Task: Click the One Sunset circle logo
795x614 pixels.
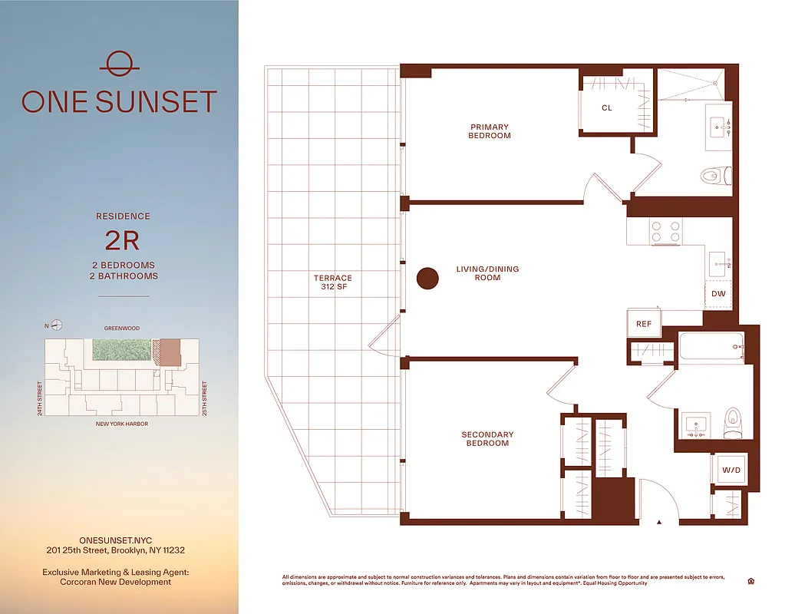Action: [119, 63]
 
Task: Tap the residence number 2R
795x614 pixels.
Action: [122, 241]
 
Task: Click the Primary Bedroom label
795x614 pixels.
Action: [490, 131]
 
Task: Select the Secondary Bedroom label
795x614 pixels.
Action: [487, 439]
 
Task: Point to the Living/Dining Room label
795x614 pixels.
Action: [487, 273]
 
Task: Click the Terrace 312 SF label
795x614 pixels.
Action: [332, 282]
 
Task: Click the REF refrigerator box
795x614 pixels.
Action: [644, 324]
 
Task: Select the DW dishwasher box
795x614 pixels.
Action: [718, 294]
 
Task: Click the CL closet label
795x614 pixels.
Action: [606, 108]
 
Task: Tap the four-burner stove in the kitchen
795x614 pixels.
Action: [666, 231]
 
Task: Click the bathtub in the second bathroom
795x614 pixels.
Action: [711, 348]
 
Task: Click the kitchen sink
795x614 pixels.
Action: [719, 263]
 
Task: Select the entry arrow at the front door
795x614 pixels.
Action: [658, 523]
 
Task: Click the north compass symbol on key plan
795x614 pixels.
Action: [57, 325]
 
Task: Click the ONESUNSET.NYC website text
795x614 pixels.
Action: [115, 540]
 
